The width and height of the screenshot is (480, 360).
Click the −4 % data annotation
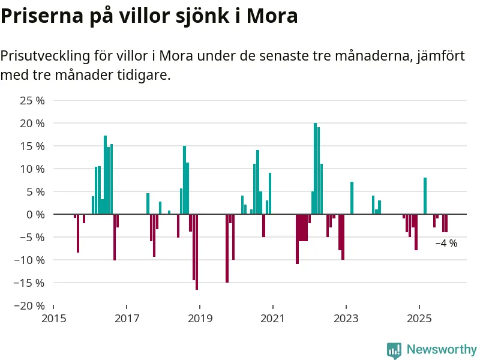click(x=446, y=244)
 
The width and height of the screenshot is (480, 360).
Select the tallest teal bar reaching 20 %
click(x=315, y=169)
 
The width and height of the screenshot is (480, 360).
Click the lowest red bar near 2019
click(x=197, y=252)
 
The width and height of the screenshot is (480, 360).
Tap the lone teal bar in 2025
click(x=425, y=196)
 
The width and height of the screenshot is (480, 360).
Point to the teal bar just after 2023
click(x=352, y=197)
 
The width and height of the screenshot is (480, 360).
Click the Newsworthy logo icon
click(x=394, y=350)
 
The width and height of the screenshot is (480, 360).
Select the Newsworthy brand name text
click(x=442, y=349)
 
